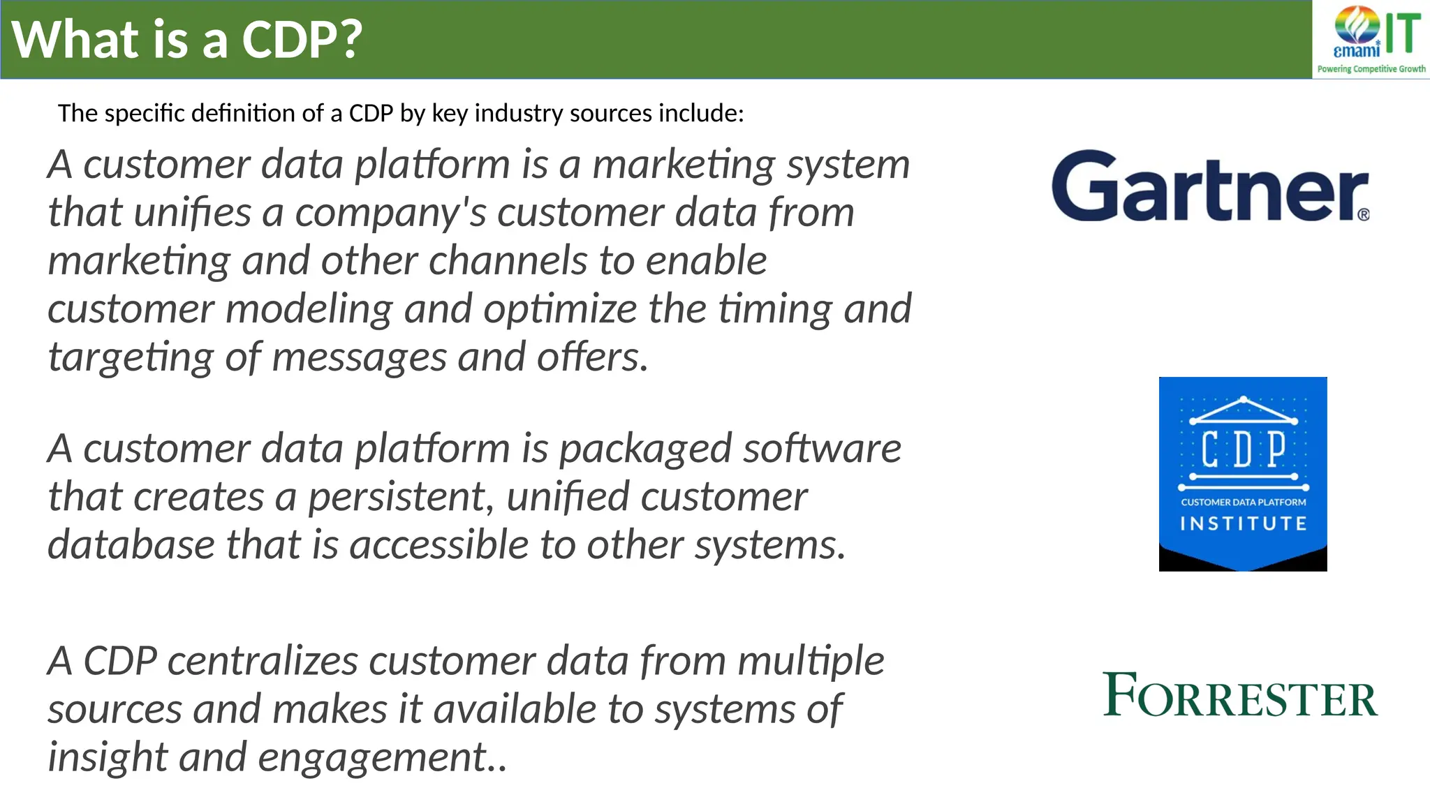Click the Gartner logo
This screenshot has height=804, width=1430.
(x=1209, y=187)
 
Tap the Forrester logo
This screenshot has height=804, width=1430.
(x=1239, y=696)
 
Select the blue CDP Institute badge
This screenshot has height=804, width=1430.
(x=1243, y=473)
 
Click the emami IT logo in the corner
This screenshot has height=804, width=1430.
(x=1371, y=38)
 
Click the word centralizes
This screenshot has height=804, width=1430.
(x=263, y=661)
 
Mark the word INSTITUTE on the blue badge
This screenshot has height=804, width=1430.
(x=1243, y=523)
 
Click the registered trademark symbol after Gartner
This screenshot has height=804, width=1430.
(x=1364, y=215)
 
